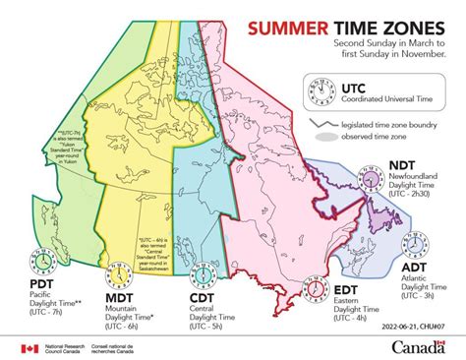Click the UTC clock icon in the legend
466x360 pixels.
point(319,89)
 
